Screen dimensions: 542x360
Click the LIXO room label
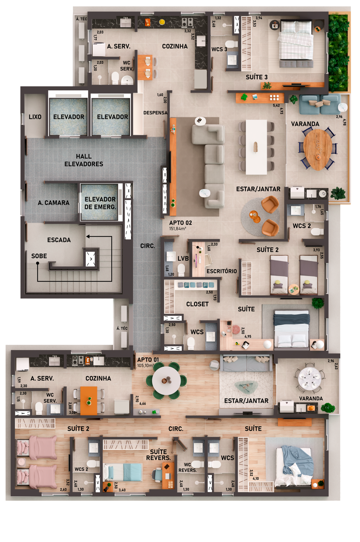click(x=35, y=117)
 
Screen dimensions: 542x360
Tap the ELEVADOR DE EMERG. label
click(x=100, y=203)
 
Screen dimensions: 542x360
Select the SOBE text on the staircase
click(x=39, y=256)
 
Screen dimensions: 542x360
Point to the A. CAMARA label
click(x=54, y=203)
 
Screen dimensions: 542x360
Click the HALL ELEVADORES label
click(x=84, y=160)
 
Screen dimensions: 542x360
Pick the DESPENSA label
click(x=155, y=113)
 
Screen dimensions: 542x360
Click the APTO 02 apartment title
click(x=180, y=223)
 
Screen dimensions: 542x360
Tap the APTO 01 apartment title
click(x=148, y=360)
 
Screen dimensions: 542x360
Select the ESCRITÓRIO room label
click(x=222, y=271)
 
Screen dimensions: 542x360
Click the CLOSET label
click(x=197, y=304)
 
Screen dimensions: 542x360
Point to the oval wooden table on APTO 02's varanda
click(x=318, y=149)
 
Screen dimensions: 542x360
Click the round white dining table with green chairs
click(x=166, y=380)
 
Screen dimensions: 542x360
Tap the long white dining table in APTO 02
click(x=256, y=147)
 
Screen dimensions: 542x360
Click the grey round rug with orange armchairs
click(x=260, y=217)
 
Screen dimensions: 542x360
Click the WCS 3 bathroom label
click(x=219, y=49)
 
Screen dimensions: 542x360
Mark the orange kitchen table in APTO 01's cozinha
click(x=89, y=401)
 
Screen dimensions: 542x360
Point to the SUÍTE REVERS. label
click(x=158, y=455)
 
